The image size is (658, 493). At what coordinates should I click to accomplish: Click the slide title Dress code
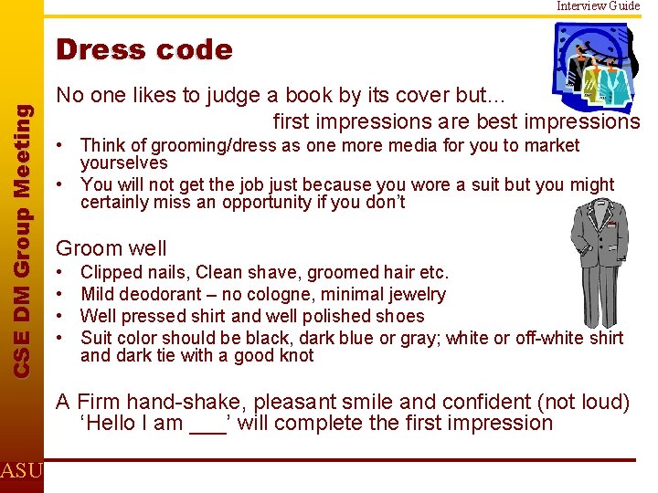[x=144, y=49]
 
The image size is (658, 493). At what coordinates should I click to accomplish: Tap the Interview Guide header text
[x=599, y=5]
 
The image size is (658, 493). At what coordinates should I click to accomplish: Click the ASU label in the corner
[x=20, y=471]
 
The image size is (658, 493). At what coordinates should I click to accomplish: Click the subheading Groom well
[x=111, y=248]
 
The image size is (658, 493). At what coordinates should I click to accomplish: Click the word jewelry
[x=413, y=294]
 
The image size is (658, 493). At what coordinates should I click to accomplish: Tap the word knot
[x=294, y=355]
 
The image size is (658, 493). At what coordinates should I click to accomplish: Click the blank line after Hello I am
[x=206, y=424]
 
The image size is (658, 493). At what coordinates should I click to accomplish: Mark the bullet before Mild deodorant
[x=60, y=294]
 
